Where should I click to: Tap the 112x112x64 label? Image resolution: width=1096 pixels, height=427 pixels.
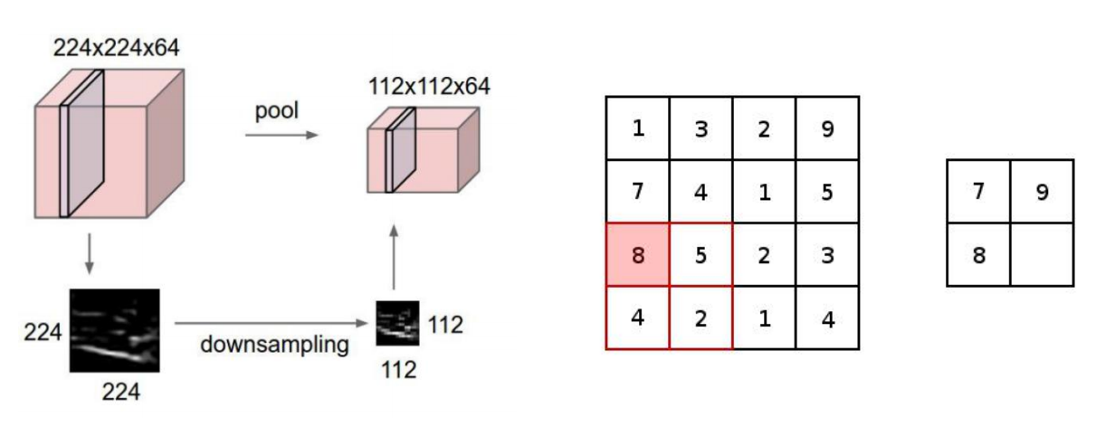[x=429, y=88]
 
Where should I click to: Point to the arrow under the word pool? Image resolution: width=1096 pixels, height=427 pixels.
[x=281, y=135]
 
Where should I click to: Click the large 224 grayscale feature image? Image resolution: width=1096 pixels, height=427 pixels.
[x=115, y=331]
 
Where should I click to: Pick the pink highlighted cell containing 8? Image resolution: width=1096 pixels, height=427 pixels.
[x=637, y=255]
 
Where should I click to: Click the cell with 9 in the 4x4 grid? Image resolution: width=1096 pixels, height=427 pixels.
[x=827, y=128]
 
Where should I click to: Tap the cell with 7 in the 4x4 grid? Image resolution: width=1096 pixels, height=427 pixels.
[x=637, y=192]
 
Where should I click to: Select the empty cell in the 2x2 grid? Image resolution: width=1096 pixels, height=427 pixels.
[x=1042, y=255]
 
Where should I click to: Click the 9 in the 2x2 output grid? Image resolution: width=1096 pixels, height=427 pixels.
[x=1042, y=192]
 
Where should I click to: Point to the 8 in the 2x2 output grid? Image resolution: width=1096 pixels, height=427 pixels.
[x=978, y=255]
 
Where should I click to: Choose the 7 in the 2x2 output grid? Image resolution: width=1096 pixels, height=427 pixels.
[x=978, y=192]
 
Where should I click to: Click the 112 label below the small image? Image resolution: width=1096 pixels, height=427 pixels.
[x=397, y=369]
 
